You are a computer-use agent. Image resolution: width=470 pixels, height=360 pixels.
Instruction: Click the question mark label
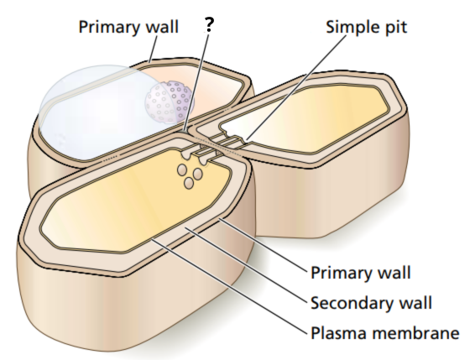click(209, 25)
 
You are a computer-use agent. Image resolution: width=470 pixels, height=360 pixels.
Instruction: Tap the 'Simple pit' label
click(366, 28)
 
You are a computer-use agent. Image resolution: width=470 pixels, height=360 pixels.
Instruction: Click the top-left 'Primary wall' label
click(128, 28)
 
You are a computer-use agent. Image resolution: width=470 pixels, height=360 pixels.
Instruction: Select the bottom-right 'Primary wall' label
click(361, 273)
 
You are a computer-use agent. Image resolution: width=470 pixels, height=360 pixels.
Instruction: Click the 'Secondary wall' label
click(371, 303)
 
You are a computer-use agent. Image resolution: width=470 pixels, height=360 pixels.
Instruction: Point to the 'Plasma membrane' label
click(385, 332)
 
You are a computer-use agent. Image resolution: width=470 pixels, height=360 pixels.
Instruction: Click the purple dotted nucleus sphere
click(170, 102)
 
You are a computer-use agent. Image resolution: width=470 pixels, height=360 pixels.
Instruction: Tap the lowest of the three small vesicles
click(189, 183)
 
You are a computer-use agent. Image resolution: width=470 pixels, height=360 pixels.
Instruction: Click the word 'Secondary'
click(352, 303)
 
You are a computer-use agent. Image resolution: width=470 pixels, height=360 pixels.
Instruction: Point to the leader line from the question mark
click(196, 83)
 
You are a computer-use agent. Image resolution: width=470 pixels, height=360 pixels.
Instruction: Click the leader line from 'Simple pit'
click(295, 87)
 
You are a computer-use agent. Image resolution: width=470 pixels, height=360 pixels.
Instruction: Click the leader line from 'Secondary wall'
click(247, 265)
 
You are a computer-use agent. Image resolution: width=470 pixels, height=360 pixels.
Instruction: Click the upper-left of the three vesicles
click(182, 170)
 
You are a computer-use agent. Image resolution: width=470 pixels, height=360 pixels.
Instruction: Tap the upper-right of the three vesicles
click(197, 174)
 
